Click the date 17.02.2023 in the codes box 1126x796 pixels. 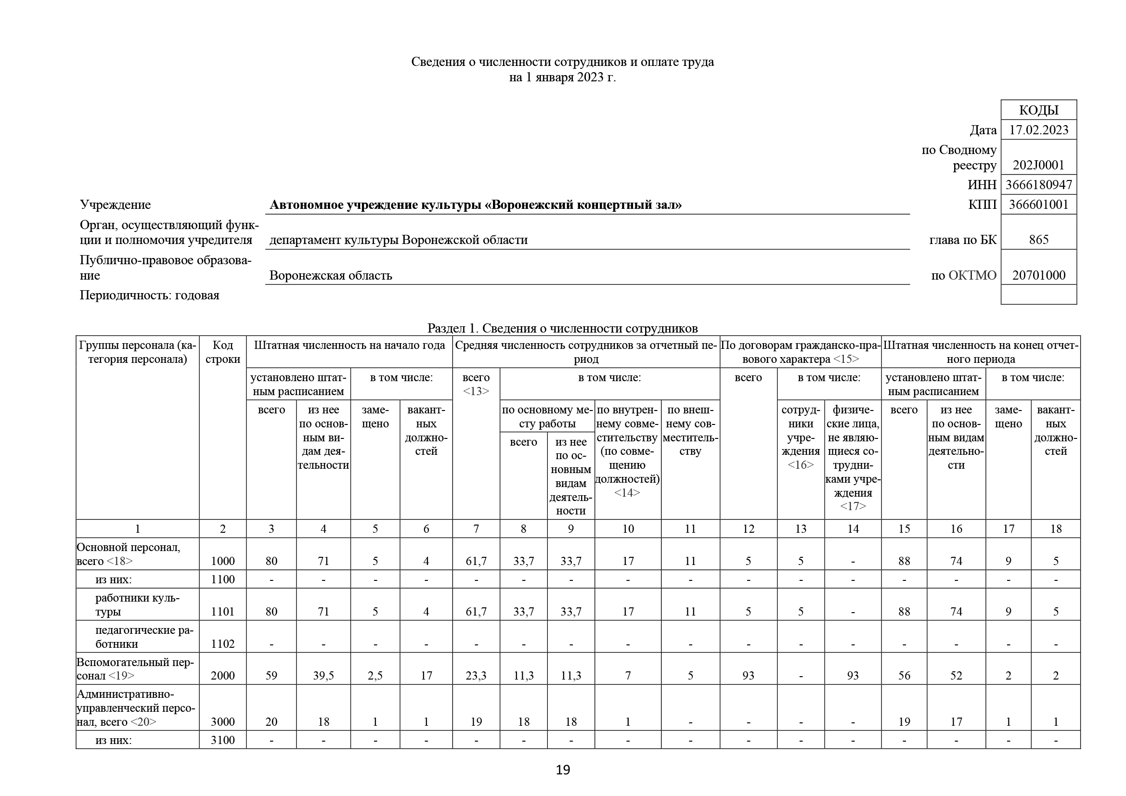pos(1038,130)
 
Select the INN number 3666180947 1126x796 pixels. pos(1038,185)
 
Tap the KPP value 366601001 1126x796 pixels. pos(1038,205)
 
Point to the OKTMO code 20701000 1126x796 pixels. pos(1038,275)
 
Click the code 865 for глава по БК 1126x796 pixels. pos(1038,240)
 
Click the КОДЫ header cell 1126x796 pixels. pos(1038,110)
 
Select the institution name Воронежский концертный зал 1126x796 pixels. pos(475,205)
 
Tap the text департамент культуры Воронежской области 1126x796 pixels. pos(398,240)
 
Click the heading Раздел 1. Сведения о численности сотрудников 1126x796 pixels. pos(562,328)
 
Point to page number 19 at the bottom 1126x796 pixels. pos(562,770)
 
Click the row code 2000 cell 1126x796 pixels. pos(223,675)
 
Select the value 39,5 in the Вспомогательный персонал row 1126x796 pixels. pos(323,675)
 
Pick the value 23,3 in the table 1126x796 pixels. pos(476,675)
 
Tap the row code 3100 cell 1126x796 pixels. pos(223,740)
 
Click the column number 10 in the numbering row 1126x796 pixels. pos(628,528)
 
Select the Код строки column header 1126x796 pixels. pos(223,352)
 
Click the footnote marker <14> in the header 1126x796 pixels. pos(627,493)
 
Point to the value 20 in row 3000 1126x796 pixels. pos(271,721)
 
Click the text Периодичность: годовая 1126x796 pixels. pos(150,295)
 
